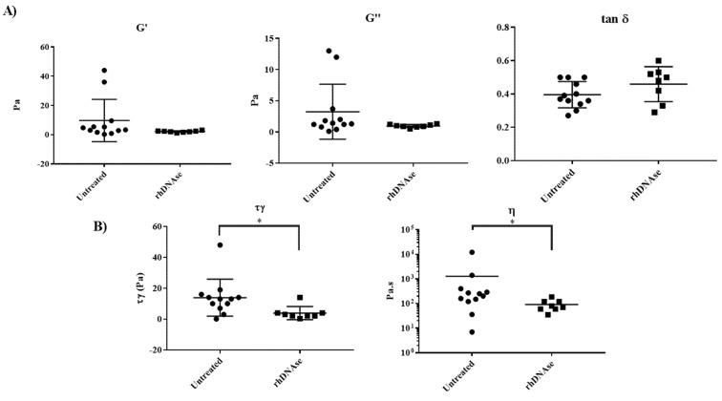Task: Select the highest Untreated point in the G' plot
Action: click(104, 71)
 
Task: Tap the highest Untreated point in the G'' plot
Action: click(328, 51)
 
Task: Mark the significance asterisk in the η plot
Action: click(513, 222)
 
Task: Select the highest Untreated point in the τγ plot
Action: click(221, 245)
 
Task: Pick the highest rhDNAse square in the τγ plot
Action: click(300, 298)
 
